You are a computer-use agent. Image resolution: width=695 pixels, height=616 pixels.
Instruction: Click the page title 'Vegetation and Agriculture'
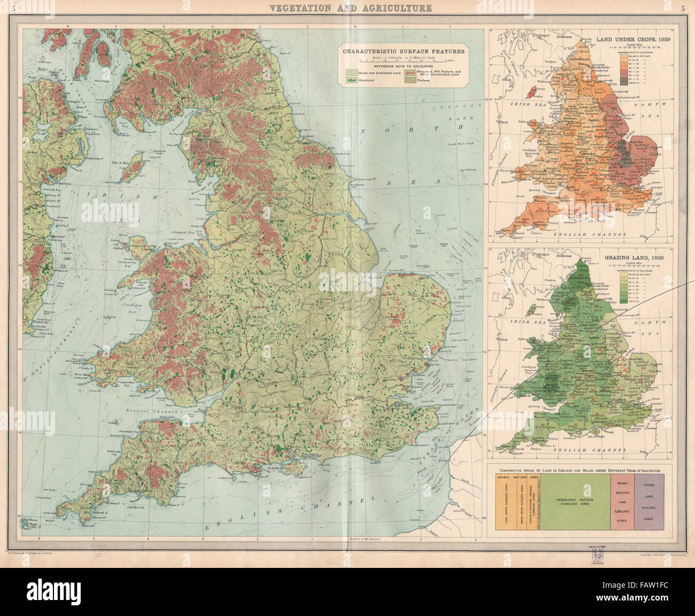tap(350, 8)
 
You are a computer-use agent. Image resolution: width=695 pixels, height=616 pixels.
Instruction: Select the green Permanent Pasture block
tap(580, 502)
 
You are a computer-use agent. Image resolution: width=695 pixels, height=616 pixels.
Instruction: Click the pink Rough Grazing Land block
tap(622, 502)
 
